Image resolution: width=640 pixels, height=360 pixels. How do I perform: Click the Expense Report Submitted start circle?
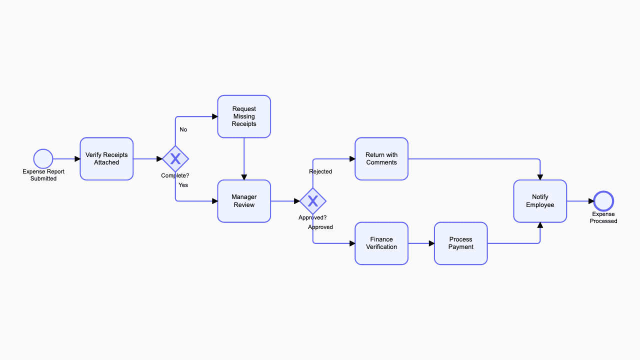[43, 159]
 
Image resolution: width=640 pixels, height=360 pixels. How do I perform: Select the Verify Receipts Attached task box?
[106, 159]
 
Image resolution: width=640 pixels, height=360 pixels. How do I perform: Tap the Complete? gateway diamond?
[175, 159]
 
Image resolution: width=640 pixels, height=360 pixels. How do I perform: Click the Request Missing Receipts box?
[244, 116]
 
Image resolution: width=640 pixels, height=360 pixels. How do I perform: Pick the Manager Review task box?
[244, 201]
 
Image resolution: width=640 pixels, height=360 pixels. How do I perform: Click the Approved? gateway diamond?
[313, 201]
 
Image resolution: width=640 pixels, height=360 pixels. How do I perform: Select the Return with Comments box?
[381, 159]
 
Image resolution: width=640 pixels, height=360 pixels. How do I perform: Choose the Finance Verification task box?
[381, 243]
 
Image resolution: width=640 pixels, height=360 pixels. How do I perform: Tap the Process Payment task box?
[460, 243]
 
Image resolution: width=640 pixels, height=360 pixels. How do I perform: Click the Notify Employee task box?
[540, 201]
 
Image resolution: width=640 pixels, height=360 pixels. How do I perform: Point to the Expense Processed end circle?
[603, 201]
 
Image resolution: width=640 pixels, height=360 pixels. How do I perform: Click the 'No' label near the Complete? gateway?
[183, 130]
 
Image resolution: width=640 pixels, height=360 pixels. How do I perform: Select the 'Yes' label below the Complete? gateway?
[183, 185]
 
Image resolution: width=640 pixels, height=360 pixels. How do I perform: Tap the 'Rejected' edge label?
[320, 172]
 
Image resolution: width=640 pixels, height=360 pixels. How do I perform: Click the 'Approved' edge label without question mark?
[320, 227]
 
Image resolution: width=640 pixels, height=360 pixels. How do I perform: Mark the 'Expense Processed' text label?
[603, 217]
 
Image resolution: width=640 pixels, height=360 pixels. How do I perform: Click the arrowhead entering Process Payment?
[431, 243]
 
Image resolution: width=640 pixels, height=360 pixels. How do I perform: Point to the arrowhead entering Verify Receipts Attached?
[77, 159]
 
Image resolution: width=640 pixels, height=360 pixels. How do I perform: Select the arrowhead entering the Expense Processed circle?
[591, 201]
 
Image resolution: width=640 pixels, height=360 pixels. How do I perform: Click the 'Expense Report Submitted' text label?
[43, 175]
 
